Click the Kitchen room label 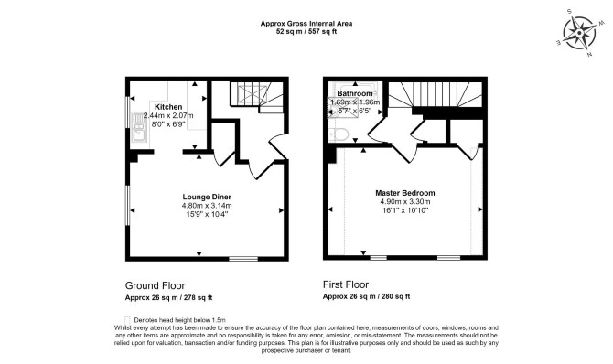pyautogui.click(x=168, y=107)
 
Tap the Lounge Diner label pyautogui.click(x=207, y=197)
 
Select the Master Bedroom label pyautogui.click(x=405, y=193)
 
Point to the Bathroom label pyautogui.click(x=355, y=93)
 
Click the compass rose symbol pyautogui.click(x=579, y=33)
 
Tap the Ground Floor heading pyautogui.click(x=155, y=285)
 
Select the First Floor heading pyautogui.click(x=346, y=284)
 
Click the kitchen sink pyautogui.click(x=139, y=127)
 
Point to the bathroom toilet pyautogui.click(x=339, y=134)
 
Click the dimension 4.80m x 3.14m pyautogui.click(x=207, y=206)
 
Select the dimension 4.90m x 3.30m pyautogui.click(x=405, y=202)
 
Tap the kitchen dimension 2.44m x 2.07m pyautogui.click(x=168, y=116)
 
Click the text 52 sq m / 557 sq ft pyautogui.click(x=306, y=32)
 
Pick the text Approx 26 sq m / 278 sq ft pyautogui.click(x=168, y=297)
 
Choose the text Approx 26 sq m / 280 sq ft pyautogui.click(x=366, y=296)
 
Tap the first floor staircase pyautogui.click(x=436, y=94)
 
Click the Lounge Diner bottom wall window pyautogui.click(x=243, y=259)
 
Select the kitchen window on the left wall pyautogui.click(x=127, y=112)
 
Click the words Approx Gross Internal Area pyautogui.click(x=306, y=24)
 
